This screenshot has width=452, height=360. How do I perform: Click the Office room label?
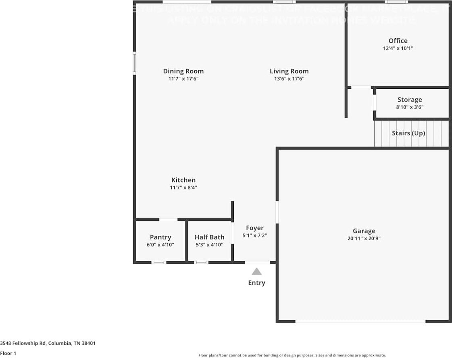[398, 41]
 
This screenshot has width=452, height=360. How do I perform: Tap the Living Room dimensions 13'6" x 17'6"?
[289, 79]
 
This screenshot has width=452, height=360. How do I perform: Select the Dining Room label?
[183, 71]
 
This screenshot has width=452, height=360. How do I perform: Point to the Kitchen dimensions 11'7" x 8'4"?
[183, 187]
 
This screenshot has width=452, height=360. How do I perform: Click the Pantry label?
[160, 237]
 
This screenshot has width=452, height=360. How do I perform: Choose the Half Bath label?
[209, 237]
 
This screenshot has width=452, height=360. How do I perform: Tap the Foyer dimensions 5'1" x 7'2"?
[255, 235]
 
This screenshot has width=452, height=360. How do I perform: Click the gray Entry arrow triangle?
[256, 272]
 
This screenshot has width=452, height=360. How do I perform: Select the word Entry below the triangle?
[256, 283]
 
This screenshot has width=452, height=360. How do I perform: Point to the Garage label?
[364, 231]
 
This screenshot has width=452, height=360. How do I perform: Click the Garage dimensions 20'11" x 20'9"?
[364, 238]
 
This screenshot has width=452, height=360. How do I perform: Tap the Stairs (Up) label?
[408, 133]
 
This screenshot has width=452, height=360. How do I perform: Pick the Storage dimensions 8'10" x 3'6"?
[410, 107]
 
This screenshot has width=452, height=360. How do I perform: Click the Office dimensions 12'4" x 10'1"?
[398, 48]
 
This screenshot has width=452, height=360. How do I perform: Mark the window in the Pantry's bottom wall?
[158, 262]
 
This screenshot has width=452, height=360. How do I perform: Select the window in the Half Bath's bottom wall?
[201, 262]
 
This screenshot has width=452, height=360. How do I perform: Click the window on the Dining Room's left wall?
[135, 63]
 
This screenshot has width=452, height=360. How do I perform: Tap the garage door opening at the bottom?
[360, 321]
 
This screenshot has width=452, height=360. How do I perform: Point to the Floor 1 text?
[8, 354]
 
